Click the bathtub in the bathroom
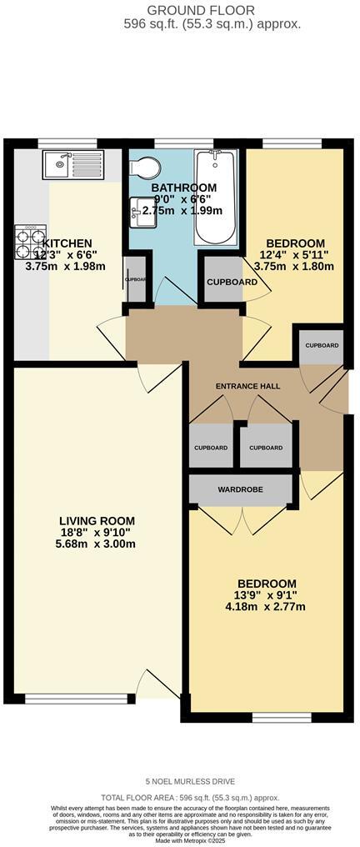point(216,197)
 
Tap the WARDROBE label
point(241,488)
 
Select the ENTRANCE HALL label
point(247,387)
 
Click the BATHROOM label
point(184,188)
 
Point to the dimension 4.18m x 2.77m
point(267,606)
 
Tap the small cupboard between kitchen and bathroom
point(135,279)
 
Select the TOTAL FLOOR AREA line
point(190,798)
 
